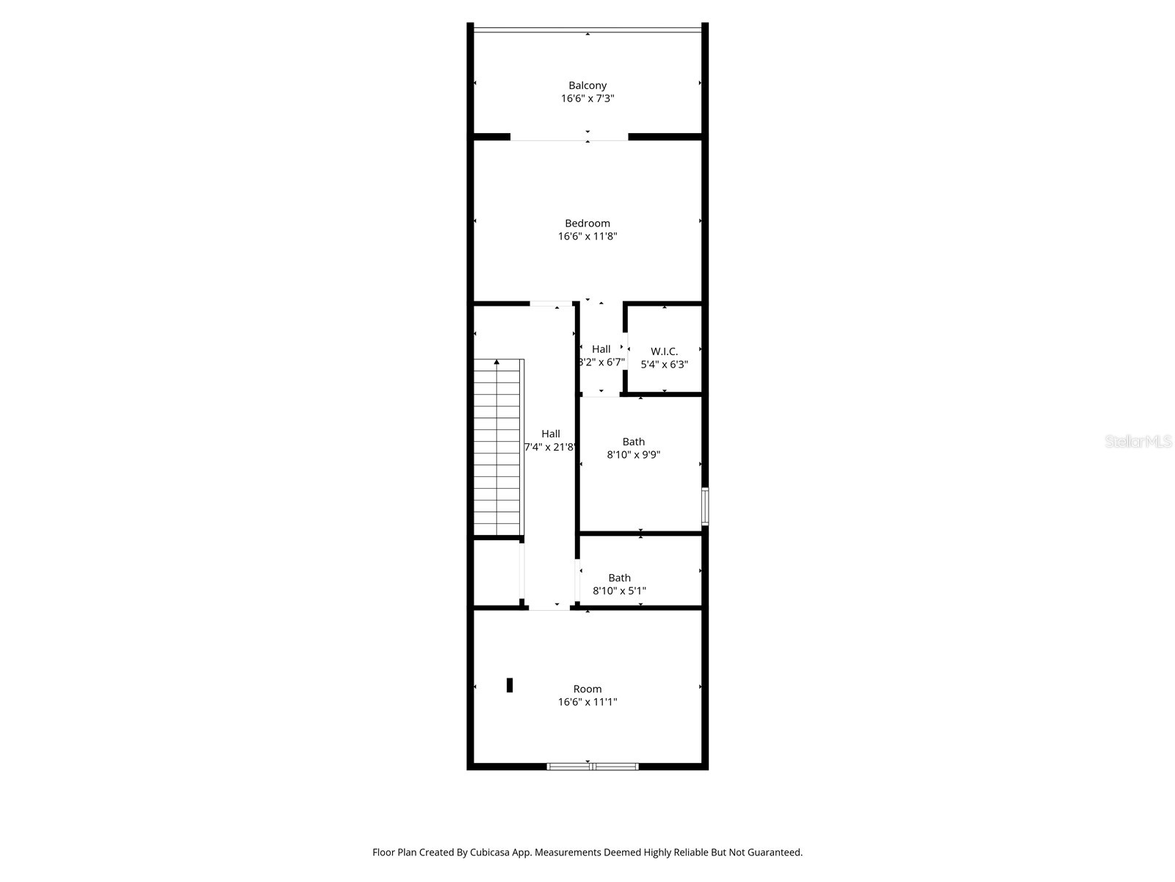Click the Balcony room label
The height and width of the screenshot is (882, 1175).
[587, 85]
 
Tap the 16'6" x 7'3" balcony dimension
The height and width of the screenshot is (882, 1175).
[587, 98]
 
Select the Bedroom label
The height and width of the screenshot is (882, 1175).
[587, 223]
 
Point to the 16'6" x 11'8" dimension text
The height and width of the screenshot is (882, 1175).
[587, 237]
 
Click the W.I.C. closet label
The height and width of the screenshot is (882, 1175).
[665, 351]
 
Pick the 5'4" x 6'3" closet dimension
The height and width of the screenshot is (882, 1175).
[665, 365]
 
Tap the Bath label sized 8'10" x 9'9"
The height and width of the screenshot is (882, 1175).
[634, 442]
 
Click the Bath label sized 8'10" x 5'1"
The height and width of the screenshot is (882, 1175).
[619, 578]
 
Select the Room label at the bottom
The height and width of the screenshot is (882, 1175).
[587, 689]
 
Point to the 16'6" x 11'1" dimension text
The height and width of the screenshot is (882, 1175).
[587, 702]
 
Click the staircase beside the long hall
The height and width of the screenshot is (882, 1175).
[498, 448]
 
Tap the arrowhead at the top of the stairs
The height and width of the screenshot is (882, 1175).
[497, 362]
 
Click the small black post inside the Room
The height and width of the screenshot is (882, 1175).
[510, 685]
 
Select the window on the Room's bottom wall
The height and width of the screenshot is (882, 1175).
[593, 767]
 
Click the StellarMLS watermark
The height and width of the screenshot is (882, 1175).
[1138, 442]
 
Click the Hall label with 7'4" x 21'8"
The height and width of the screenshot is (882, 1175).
[551, 434]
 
